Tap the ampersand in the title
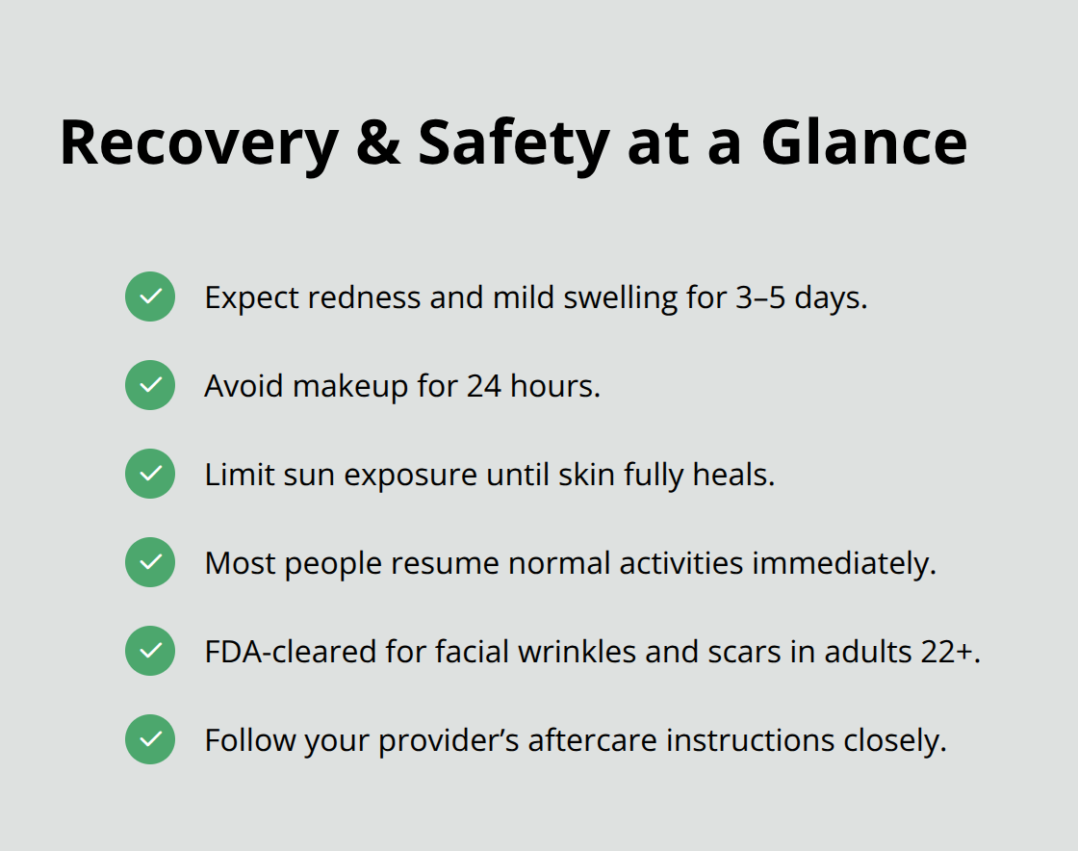tap(378, 142)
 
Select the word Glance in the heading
tap(863, 142)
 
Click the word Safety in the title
tap(513, 142)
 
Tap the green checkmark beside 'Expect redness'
tap(150, 297)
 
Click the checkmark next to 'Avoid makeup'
tap(150, 385)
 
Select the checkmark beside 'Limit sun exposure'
tap(150, 474)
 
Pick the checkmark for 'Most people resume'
tap(150, 562)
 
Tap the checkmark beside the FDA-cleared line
tap(150, 651)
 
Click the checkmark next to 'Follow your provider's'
tap(150, 739)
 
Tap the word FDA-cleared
tap(291, 652)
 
